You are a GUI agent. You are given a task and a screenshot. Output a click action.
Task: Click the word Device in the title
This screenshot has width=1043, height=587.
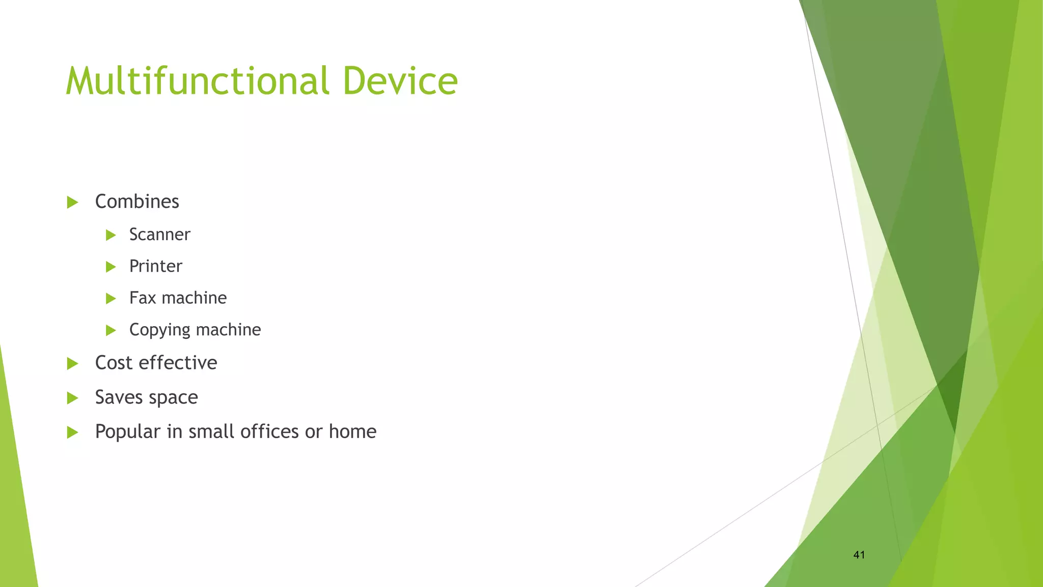coord(400,82)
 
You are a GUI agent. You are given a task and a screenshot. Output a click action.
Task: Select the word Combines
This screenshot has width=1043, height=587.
coord(137,202)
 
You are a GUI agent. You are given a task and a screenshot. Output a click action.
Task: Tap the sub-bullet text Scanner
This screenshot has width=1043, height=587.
coord(159,235)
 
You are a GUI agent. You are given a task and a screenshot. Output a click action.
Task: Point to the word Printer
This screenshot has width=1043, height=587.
coord(155,266)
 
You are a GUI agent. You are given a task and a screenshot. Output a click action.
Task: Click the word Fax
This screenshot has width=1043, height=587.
coord(142,298)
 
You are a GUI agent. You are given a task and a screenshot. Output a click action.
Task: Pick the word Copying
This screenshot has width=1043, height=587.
coord(159,330)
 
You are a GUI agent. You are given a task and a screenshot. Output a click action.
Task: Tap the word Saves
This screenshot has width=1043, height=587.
coord(118,397)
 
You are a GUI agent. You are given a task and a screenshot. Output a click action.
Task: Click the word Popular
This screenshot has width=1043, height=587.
coord(127,432)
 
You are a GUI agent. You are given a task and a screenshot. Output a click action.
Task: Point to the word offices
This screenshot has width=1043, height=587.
coord(269,432)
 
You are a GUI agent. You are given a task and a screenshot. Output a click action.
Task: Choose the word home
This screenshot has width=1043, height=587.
coord(352,432)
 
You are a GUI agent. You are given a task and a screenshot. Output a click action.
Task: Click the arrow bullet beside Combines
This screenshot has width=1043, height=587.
coord(72,203)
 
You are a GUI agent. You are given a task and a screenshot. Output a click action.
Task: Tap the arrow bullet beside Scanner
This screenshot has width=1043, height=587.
coord(111,235)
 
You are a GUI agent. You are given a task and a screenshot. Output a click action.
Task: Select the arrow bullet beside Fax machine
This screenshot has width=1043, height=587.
coord(111,299)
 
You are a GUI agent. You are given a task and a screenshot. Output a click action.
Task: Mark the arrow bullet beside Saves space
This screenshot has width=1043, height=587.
coord(72,398)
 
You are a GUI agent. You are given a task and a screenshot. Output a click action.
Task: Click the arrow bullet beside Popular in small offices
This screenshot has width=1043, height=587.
coord(72,433)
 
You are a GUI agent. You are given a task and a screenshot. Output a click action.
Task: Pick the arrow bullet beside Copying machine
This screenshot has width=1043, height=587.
coord(111,331)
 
